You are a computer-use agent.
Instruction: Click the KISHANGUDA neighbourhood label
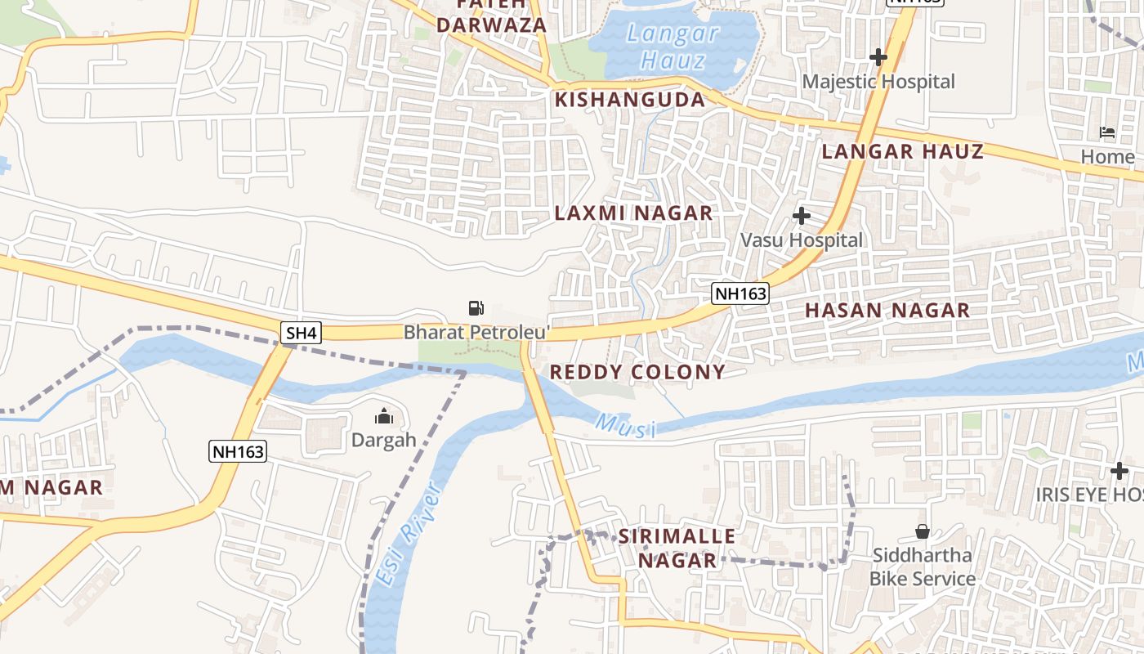tap(629, 100)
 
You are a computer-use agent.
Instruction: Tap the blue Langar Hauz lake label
tap(673, 47)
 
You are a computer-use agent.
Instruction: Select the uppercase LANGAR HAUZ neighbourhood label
tap(902, 151)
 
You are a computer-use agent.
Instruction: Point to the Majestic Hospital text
tap(878, 82)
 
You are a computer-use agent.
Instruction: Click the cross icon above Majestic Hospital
tap(878, 57)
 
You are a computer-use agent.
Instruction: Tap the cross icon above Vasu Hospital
tap(802, 216)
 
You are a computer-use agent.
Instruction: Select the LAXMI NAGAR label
tap(633, 213)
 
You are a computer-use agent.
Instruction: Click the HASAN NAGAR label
tap(887, 311)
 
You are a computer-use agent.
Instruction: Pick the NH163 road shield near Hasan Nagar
tap(740, 293)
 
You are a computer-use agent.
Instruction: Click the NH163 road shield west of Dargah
tap(238, 451)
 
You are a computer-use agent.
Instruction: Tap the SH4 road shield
tap(301, 333)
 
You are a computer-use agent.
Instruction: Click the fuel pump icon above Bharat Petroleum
tap(476, 308)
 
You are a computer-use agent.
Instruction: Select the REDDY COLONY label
tap(637, 373)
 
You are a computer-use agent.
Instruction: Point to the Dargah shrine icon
tap(383, 418)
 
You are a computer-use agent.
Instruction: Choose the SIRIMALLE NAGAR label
tap(677, 549)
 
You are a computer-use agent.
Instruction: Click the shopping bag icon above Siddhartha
tap(922, 531)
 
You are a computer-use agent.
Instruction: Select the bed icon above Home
tap(1107, 132)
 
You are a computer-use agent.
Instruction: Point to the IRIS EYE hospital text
tap(1089, 495)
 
